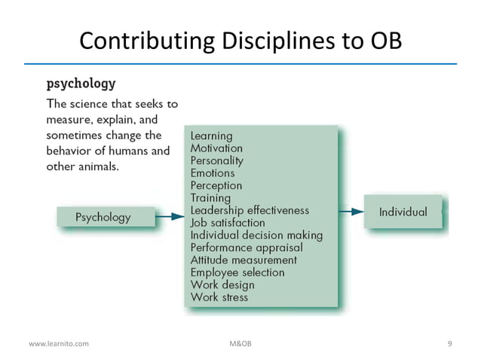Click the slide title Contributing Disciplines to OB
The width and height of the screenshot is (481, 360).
tap(240, 40)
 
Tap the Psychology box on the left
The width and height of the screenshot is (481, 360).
tap(103, 218)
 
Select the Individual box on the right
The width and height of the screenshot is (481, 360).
tap(403, 212)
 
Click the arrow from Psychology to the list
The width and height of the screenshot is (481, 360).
tap(170, 218)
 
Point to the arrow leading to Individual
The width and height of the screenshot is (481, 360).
tap(351, 212)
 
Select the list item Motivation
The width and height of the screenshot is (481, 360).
tap(216, 148)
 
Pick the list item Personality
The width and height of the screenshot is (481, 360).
tap(217, 160)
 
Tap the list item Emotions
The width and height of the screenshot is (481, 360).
tap(213, 173)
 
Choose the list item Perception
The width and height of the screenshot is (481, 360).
tap(216, 185)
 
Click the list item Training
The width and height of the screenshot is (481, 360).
tap(210, 198)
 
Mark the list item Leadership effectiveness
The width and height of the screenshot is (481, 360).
tap(250, 210)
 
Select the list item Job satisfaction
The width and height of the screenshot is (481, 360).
tap(228, 223)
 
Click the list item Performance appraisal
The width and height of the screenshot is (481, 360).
tap(247, 247)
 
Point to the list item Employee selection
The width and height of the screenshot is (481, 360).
tap(237, 272)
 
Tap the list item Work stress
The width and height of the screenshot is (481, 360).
tap(219, 297)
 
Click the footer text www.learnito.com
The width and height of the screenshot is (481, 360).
tap(59, 343)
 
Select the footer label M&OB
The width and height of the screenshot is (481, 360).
tap(240, 343)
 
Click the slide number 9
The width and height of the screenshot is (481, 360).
tap(450, 343)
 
